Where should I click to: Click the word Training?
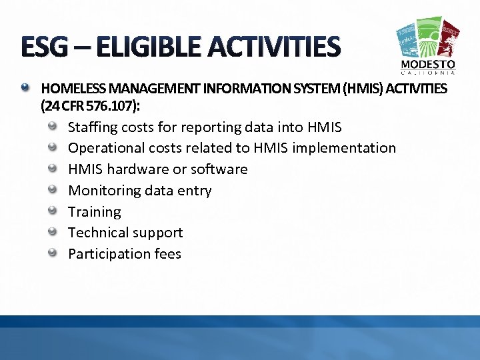click(x=95, y=212)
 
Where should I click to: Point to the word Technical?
click(x=98, y=233)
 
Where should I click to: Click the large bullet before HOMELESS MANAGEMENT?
click(x=26, y=87)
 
